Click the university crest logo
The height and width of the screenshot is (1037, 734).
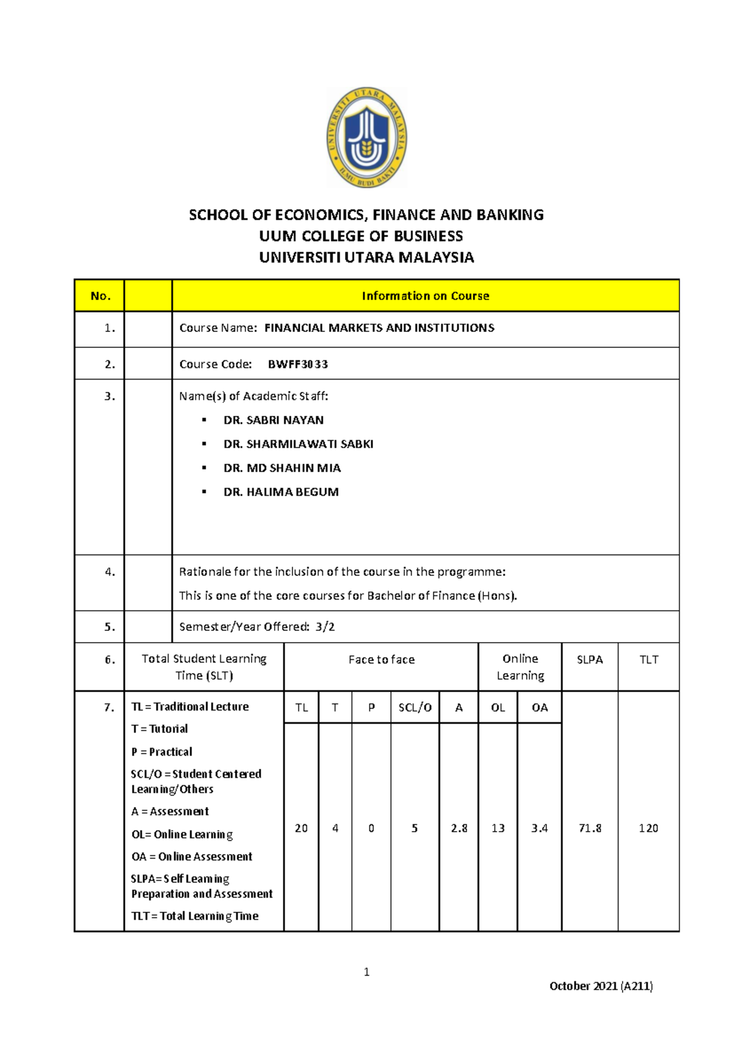[x=366, y=138]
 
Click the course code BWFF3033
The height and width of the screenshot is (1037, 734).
[x=298, y=364]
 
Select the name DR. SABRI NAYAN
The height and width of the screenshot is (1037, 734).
[x=273, y=420]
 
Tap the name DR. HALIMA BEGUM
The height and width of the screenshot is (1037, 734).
[x=281, y=492]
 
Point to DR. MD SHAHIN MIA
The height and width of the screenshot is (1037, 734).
[x=282, y=468]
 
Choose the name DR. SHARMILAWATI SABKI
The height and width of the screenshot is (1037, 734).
[x=298, y=444]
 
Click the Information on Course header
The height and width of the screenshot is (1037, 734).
[x=425, y=296]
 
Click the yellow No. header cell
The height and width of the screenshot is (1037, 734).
[x=100, y=296]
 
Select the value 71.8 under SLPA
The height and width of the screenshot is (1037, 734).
[x=590, y=828]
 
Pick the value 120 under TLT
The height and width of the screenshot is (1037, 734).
[x=648, y=828]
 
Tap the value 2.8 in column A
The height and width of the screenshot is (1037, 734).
[x=459, y=828]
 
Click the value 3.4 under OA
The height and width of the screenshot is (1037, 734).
[x=539, y=828]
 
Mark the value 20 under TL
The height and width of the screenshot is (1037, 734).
[x=301, y=828]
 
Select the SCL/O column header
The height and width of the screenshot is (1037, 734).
[x=415, y=707]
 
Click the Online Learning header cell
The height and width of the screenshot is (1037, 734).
[x=520, y=667]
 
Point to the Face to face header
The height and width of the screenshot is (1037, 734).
[x=381, y=660]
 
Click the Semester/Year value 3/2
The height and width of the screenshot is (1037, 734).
[x=325, y=627]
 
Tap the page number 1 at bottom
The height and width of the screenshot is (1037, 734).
[x=366, y=972]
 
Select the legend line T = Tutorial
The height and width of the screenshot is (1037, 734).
[x=159, y=729]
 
